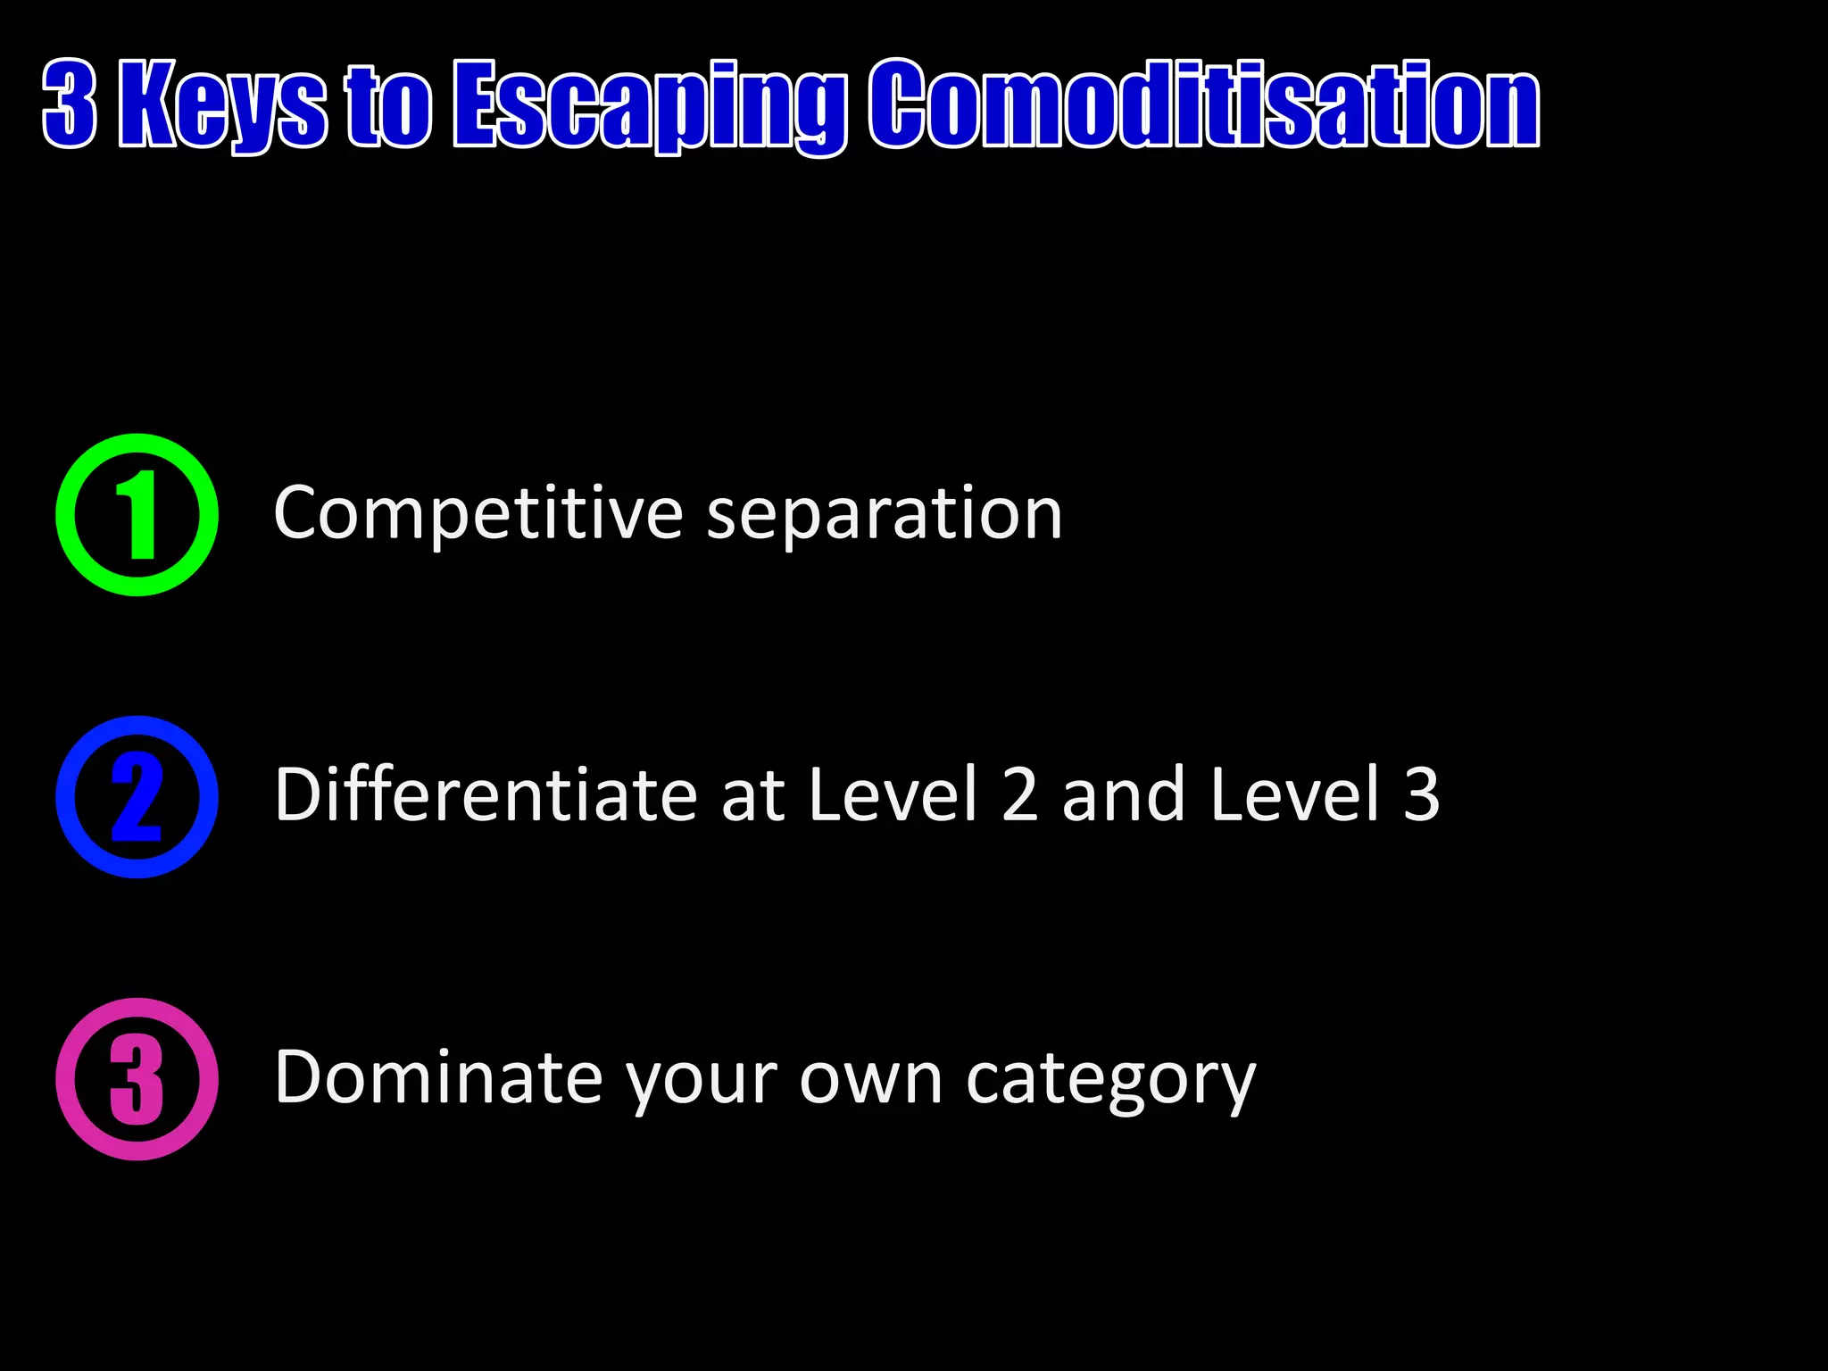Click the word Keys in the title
pyautogui.click(x=223, y=104)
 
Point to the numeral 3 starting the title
pyautogui.click(x=70, y=104)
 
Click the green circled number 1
pyautogui.click(x=137, y=515)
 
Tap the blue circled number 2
pyautogui.click(x=137, y=797)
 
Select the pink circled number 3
pyautogui.click(x=137, y=1079)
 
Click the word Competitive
pyautogui.click(x=478, y=515)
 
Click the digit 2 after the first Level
pyautogui.click(x=1019, y=794)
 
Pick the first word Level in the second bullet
pyautogui.click(x=893, y=794)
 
